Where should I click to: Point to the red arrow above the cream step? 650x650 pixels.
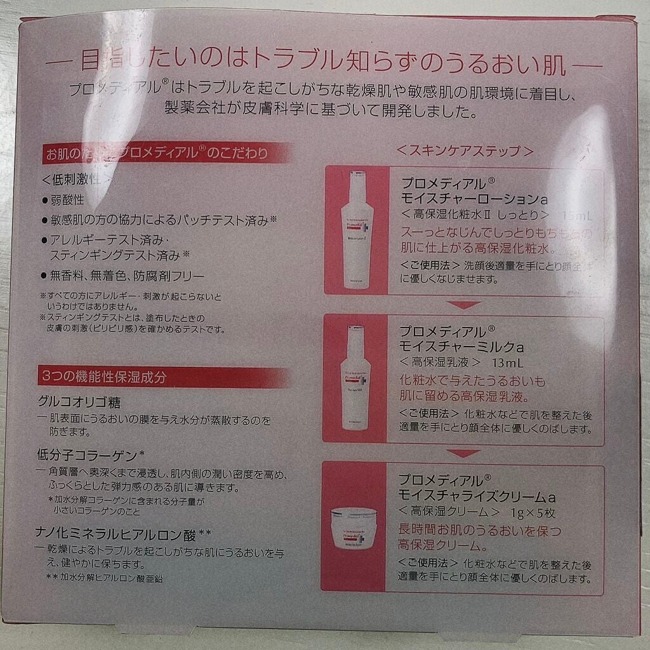pyautogui.click(x=464, y=453)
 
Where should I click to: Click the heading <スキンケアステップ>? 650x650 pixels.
pyautogui.click(x=463, y=152)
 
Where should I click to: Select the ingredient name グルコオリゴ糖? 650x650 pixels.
pyautogui.click(x=80, y=403)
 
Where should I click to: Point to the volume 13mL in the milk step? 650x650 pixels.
pyautogui.click(x=507, y=364)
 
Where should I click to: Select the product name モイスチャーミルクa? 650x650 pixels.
pyautogui.click(x=461, y=347)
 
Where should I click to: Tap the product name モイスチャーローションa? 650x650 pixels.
pyautogui.click(x=470, y=199)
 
